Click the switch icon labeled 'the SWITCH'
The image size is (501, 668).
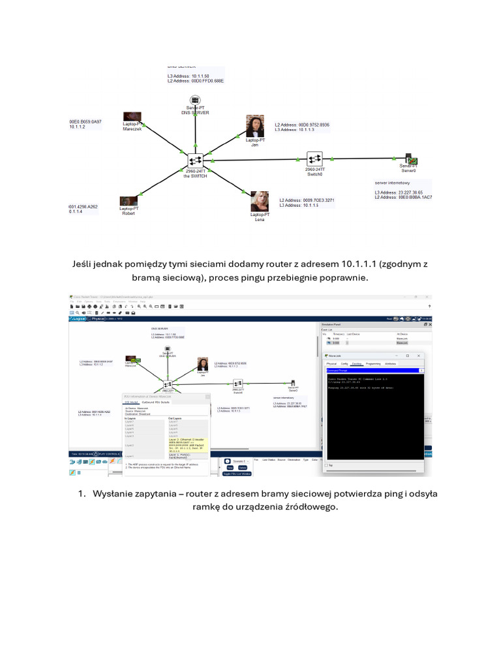tap(194, 159)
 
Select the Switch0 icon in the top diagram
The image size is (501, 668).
tap(315, 159)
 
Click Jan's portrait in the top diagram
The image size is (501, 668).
tap(255, 126)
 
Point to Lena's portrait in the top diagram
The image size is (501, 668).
tap(260, 201)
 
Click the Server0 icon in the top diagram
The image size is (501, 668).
tap(411, 159)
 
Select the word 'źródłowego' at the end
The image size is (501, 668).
tap(309, 508)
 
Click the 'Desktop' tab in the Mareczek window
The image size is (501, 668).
tap(356, 363)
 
